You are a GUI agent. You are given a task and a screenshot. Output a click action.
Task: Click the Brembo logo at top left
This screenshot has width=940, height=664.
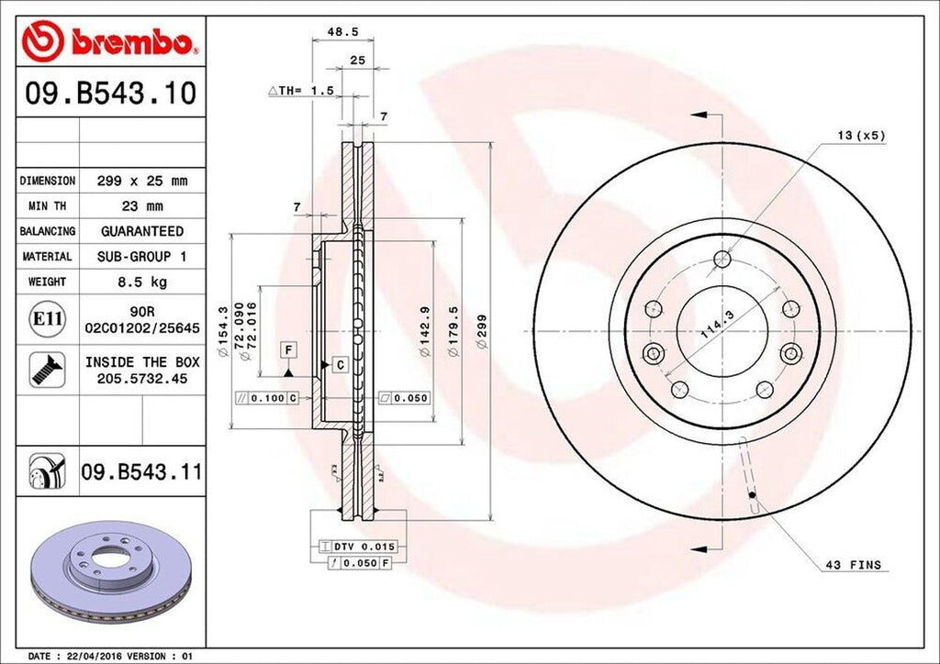pos(110,40)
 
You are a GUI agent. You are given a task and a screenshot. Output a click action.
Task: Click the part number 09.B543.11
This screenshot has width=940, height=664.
pos(141,472)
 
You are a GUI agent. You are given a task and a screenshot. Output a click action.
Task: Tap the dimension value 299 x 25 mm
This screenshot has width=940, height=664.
pos(141,182)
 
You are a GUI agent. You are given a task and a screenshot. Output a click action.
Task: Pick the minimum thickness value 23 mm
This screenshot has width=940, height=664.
pos(141,206)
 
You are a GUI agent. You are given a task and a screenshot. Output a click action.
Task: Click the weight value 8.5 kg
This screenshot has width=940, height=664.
pos(141,282)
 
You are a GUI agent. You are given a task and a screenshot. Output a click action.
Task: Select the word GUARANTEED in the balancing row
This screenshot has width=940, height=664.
pos(141,231)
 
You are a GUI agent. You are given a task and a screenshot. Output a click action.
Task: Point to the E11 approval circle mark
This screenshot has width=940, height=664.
pos(48,319)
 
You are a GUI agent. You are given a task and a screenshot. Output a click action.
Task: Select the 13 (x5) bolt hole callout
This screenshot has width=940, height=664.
pos(860,136)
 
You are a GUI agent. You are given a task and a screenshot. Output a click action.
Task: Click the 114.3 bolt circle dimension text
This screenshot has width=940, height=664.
pos(717,326)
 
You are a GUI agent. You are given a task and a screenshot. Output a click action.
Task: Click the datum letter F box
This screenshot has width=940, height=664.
pos(288,349)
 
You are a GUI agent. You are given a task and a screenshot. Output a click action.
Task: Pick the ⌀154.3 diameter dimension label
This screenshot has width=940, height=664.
pos(223,329)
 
